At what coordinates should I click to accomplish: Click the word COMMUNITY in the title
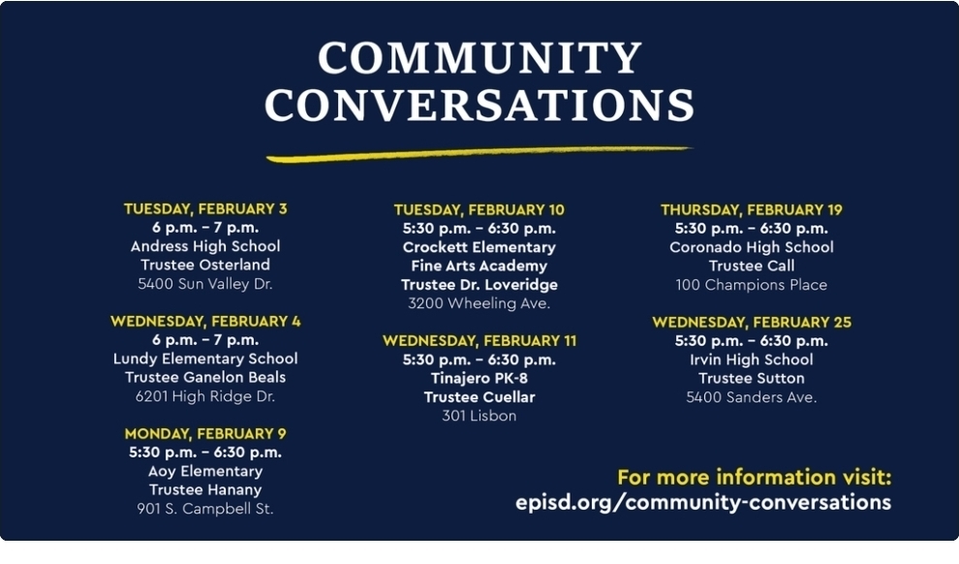click(x=479, y=58)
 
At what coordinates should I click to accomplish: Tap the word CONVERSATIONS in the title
click(x=479, y=105)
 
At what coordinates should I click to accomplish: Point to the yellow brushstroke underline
click(x=479, y=153)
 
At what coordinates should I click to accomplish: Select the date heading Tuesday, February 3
click(x=205, y=208)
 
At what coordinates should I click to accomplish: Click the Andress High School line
click(x=205, y=246)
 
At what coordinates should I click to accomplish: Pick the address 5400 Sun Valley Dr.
click(x=205, y=284)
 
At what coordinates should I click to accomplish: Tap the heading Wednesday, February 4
click(x=205, y=321)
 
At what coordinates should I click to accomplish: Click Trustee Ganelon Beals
click(x=205, y=377)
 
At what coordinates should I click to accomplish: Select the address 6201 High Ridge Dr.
click(x=205, y=396)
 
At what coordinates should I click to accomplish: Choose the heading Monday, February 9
click(x=205, y=433)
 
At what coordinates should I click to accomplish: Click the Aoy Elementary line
click(x=205, y=471)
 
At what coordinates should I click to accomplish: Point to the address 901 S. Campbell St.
click(x=205, y=509)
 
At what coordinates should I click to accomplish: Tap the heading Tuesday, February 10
click(x=479, y=209)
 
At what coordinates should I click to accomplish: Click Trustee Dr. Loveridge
click(x=479, y=285)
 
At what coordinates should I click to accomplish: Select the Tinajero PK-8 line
click(x=479, y=378)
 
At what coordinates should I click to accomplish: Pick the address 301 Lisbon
click(x=479, y=416)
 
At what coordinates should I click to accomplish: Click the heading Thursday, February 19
click(x=752, y=209)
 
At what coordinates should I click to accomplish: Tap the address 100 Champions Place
click(x=752, y=285)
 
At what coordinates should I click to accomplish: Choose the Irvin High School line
click(x=752, y=360)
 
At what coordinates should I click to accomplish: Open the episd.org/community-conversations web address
click(x=703, y=502)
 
